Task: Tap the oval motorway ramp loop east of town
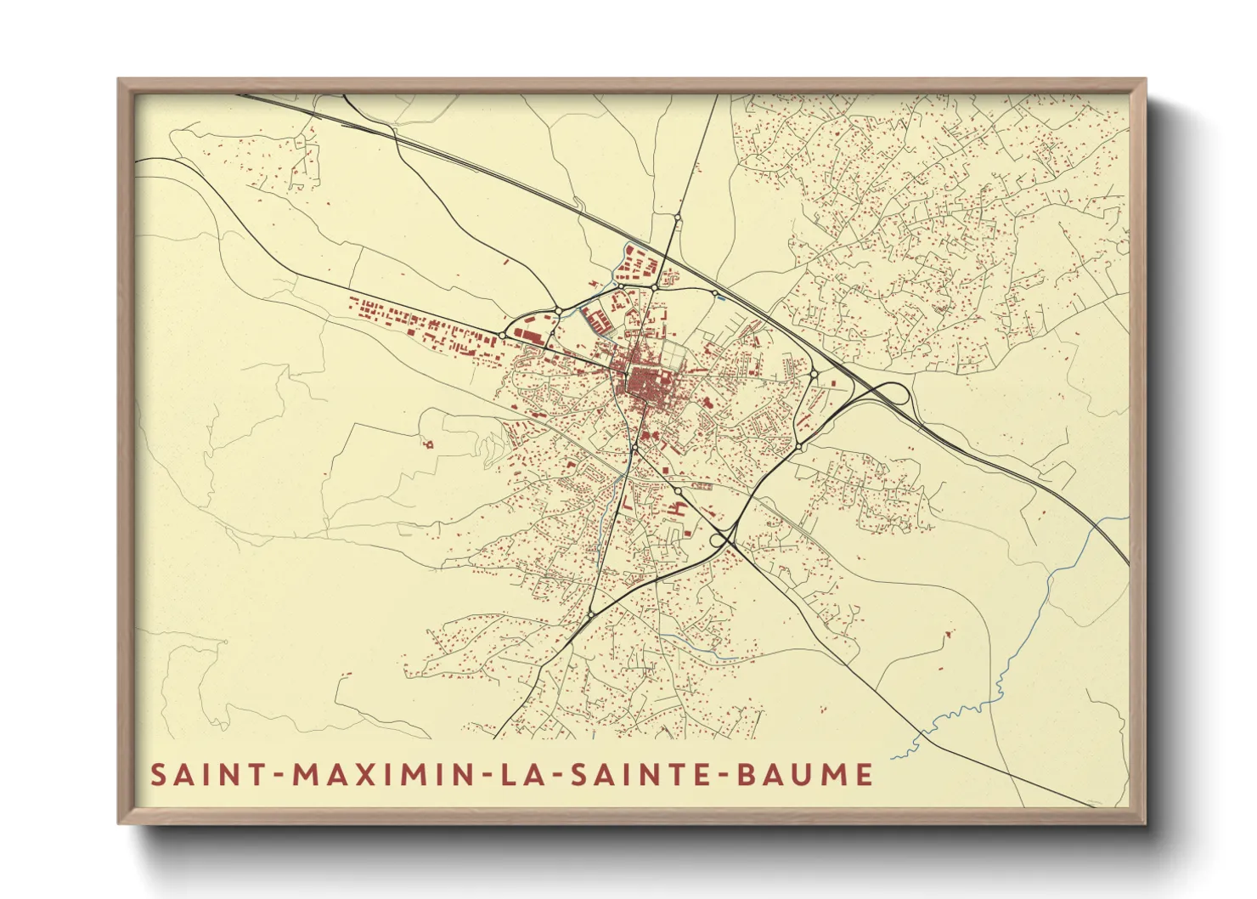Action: (891, 396)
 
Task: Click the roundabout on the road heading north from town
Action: (677, 219)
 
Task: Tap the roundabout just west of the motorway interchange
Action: (814, 374)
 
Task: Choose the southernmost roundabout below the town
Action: (590, 613)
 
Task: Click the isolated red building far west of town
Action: (427, 443)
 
